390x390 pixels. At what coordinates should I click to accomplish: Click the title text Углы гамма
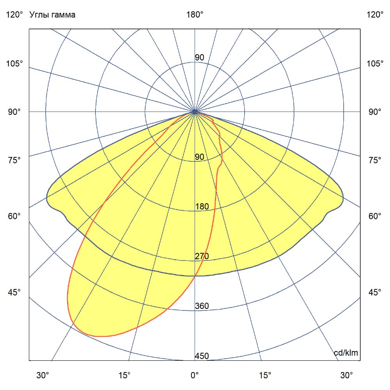(x=52, y=15)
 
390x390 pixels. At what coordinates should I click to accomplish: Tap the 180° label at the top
(x=195, y=15)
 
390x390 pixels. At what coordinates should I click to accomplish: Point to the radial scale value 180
(x=202, y=207)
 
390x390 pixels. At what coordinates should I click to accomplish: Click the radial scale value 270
(x=202, y=256)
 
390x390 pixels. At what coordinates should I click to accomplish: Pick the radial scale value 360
(x=202, y=306)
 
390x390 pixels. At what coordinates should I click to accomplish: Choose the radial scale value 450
(x=202, y=356)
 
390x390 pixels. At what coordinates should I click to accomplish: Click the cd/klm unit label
(x=346, y=353)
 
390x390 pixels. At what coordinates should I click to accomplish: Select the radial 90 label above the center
(x=199, y=58)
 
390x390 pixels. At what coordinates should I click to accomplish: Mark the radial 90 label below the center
(x=199, y=157)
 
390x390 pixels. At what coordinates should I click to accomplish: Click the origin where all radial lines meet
(x=195, y=112)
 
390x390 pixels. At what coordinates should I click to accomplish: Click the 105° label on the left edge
(x=14, y=64)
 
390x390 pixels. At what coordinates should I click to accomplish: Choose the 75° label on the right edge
(x=375, y=160)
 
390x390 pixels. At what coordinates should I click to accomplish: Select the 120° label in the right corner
(x=375, y=15)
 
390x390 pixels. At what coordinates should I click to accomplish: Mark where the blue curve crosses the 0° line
(x=195, y=276)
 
